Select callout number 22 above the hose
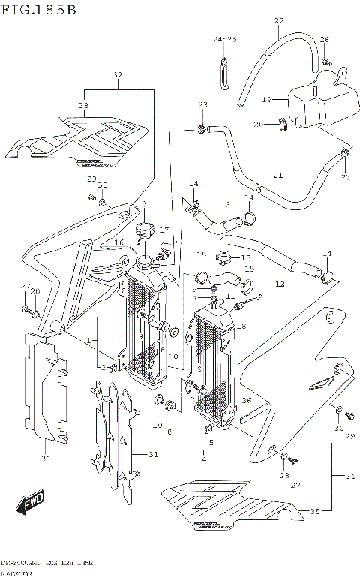click(x=278, y=20)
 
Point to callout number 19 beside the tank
click(x=265, y=99)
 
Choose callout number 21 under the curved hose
click(x=278, y=175)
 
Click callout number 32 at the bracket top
click(x=117, y=75)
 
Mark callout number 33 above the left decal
click(x=83, y=105)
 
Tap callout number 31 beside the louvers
click(x=154, y=454)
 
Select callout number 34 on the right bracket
click(x=350, y=475)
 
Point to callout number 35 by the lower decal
click(x=315, y=512)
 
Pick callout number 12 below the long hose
click(x=280, y=284)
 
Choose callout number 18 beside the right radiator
click(x=241, y=326)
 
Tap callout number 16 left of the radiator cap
click(x=118, y=242)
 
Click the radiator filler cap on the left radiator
click(x=143, y=228)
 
